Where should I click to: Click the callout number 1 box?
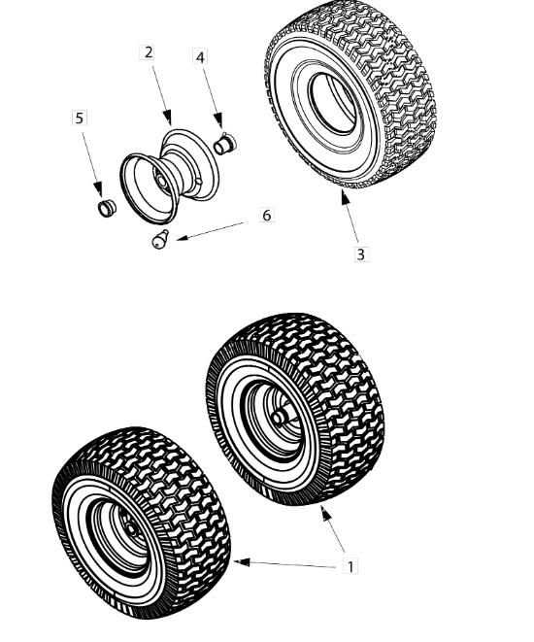pyautogui.click(x=350, y=566)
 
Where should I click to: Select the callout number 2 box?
pyautogui.click(x=148, y=52)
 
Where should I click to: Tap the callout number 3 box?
pyautogui.click(x=360, y=254)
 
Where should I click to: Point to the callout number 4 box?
pyautogui.click(x=200, y=57)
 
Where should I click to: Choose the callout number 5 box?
pyautogui.click(x=80, y=118)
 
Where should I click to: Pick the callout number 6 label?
pyautogui.click(x=267, y=215)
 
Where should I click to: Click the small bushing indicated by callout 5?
pyautogui.click(x=107, y=208)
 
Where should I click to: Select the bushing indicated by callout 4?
pyautogui.click(x=225, y=144)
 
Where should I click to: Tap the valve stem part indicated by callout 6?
pyautogui.click(x=159, y=240)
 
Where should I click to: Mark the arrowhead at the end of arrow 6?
pyautogui.click(x=182, y=238)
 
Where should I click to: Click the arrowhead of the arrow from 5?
pyautogui.click(x=98, y=188)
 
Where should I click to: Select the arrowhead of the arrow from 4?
pyautogui.click(x=218, y=120)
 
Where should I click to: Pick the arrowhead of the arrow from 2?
pyautogui.click(x=167, y=118)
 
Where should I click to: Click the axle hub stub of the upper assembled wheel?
pyautogui.click(x=279, y=417)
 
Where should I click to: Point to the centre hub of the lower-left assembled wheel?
pyautogui.click(x=132, y=528)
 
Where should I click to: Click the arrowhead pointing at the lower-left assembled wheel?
pyautogui.click(x=241, y=562)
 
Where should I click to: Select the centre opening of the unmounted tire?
pyautogui.click(x=332, y=103)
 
